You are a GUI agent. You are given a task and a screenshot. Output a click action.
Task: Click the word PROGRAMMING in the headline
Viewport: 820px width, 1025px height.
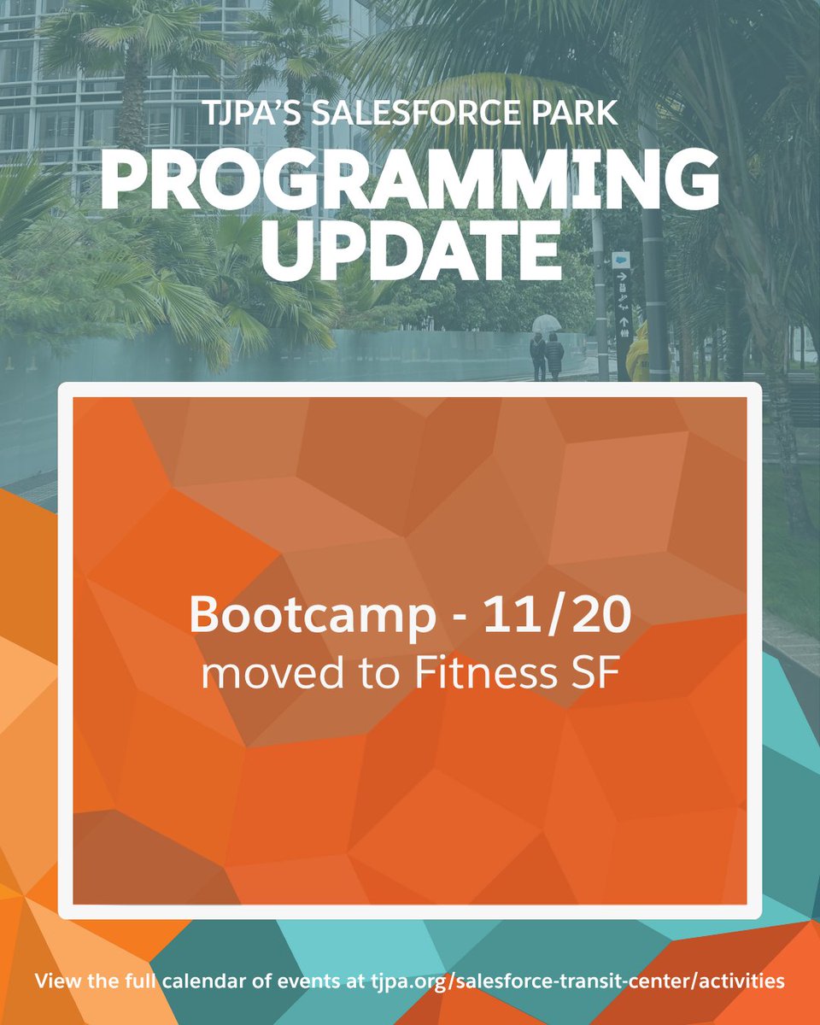[x=410, y=180]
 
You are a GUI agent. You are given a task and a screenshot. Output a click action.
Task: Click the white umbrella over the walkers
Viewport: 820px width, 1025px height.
[x=546, y=323]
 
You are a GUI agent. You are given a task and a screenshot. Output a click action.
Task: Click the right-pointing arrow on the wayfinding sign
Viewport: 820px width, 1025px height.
[x=623, y=278]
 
